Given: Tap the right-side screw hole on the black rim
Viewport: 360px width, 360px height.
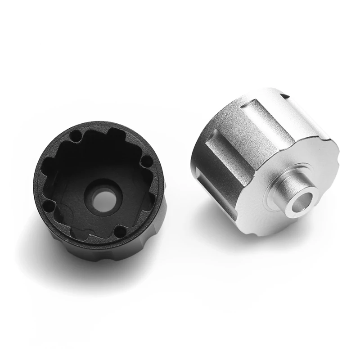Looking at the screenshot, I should click(145, 161).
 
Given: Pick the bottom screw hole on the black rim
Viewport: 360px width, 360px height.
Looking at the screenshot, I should click(120, 232).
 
